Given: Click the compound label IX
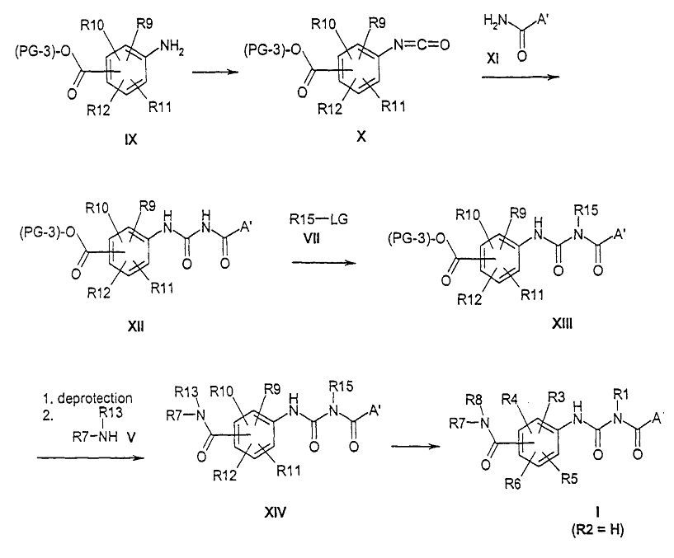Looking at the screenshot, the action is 130,139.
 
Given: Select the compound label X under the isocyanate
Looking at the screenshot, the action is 361,137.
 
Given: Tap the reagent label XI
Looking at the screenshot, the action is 493,59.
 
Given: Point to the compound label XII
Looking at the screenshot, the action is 136,326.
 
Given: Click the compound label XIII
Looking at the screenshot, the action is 563,323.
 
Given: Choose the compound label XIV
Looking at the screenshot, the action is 275,512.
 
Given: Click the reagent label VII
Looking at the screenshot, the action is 312,237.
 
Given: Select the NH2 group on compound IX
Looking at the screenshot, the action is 172,46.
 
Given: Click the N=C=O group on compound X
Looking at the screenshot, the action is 422,44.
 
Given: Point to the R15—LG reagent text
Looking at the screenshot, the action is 318,219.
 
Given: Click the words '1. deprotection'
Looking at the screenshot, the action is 87,398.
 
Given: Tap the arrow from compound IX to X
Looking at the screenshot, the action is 215,73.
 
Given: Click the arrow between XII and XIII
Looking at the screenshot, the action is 324,261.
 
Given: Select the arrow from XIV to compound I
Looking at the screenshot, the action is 416,446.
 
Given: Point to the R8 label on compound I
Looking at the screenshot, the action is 474,401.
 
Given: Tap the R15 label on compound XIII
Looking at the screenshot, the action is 586,210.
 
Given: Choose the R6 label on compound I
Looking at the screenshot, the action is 513,485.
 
